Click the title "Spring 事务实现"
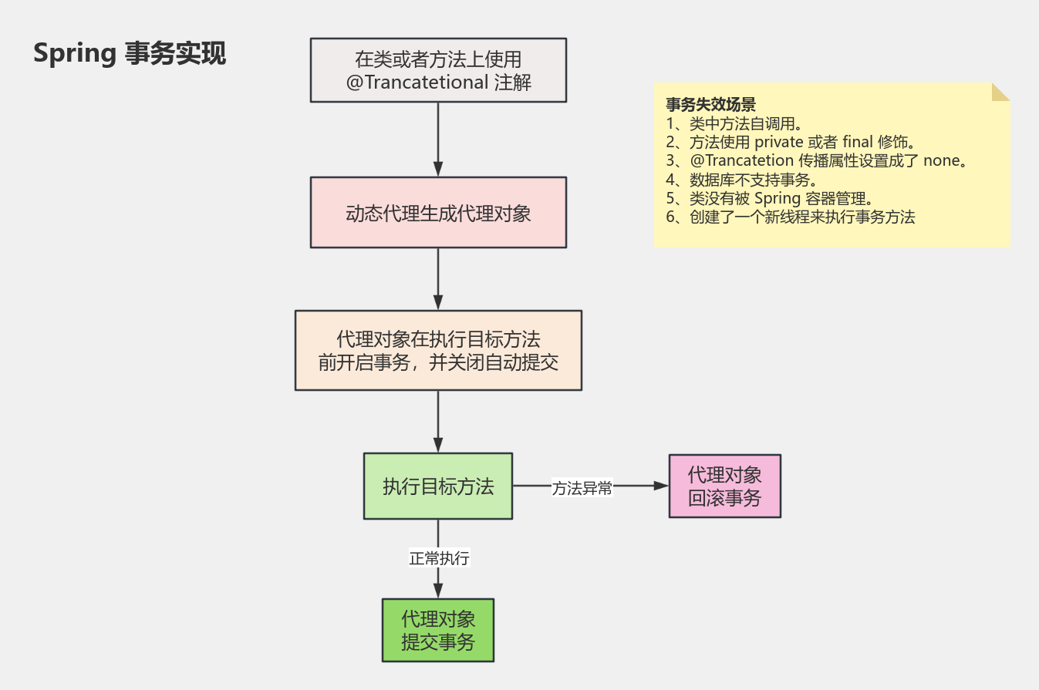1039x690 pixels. [130, 55]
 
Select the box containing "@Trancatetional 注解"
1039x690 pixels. [438, 70]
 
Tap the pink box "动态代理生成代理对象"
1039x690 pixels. [438, 213]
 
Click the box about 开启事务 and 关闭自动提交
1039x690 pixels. [438, 351]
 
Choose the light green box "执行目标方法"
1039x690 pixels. [438, 486]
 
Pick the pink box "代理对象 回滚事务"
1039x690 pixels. [724, 486]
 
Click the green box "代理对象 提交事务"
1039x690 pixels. [438, 631]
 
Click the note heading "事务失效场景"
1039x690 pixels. [710, 105]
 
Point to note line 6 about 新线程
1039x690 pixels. [790, 217]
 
